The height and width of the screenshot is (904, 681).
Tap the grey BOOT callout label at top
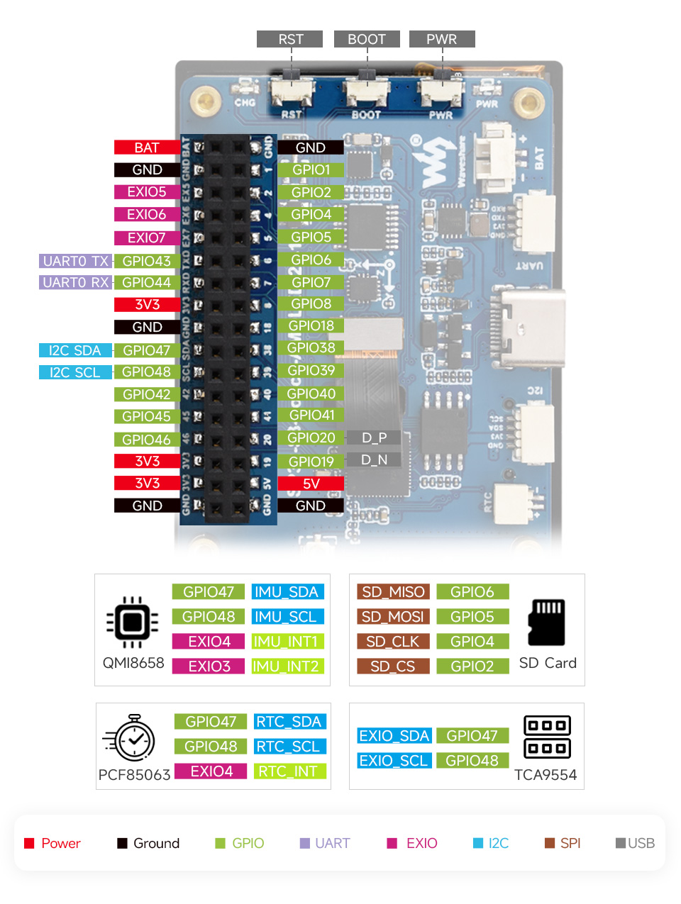(x=366, y=39)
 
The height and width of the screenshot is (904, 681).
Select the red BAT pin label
(x=147, y=147)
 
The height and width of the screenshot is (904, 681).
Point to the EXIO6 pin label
(x=147, y=214)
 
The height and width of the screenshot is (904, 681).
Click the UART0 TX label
(x=75, y=261)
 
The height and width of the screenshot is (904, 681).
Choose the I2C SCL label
(x=75, y=372)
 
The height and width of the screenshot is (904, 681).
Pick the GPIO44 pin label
(x=147, y=282)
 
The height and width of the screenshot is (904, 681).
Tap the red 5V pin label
(x=311, y=484)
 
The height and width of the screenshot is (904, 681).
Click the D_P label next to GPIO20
(x=374, y=438)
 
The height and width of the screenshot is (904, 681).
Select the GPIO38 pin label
(x=311, y=347)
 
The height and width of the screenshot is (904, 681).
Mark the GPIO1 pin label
(x=311, y=170)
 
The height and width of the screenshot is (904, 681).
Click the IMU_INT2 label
(x=287, y=666)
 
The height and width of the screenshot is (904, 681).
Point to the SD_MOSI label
(x=393, y=617)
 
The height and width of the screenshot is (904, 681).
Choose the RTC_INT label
(x=289, y=771)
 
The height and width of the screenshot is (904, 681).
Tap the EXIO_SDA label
(x=394, y=736)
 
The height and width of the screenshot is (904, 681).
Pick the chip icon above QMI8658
(x=132, y=622)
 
